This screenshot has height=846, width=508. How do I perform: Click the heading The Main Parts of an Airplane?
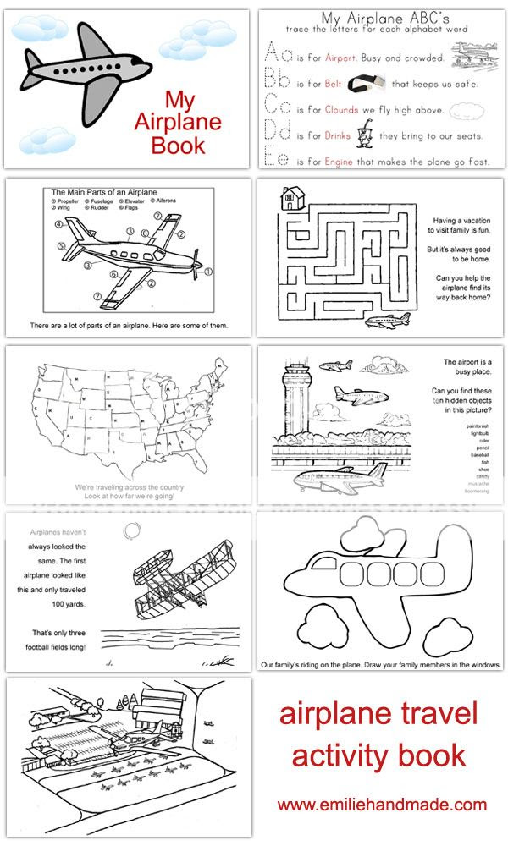coord(109,193)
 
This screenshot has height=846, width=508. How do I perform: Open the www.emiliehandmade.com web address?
coord(381,805)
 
